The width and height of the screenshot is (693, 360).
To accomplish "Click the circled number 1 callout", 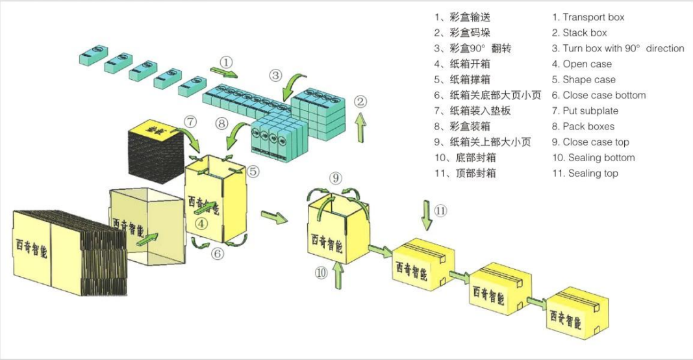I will [x=226, y=62].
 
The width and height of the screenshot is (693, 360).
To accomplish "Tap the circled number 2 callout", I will [x=361, y=101].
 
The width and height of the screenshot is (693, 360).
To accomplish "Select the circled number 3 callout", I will [x=276, y=75].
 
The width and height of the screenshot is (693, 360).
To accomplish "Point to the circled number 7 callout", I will [x=190, y=121].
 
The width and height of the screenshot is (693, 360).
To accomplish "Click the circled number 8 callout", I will [x=222, y=122].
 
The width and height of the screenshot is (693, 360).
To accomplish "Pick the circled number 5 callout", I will [x=253, y=172].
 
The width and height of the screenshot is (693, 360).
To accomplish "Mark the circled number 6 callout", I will [x=218, y=253].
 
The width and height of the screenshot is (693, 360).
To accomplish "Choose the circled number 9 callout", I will [x=335, y=177].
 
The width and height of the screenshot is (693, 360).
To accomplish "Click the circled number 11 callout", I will [x=441, y=210].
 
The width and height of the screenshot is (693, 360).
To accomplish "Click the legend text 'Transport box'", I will [x=593, y=17].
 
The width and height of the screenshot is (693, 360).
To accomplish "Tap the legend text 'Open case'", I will [x=586, y=64].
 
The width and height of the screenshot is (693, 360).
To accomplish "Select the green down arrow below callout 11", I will [x=426, y=215].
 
